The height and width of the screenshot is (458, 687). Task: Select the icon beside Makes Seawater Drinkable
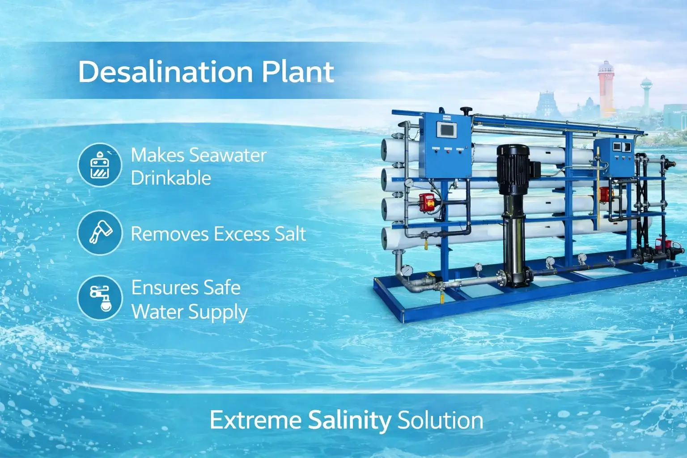[x=99, y=165]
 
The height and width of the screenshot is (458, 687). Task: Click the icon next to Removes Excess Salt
[x=99, y=233]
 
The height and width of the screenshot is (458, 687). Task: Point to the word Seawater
[x=227, y=155]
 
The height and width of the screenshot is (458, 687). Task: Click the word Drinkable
[x=171, y=178]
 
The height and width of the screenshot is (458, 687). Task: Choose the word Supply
[x=221, y=312]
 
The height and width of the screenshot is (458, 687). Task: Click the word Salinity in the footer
[x=349, y=420]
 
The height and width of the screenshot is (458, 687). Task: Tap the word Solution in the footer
[x=440, y=420]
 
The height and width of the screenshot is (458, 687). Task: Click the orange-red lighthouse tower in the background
[x=605, y=89]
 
